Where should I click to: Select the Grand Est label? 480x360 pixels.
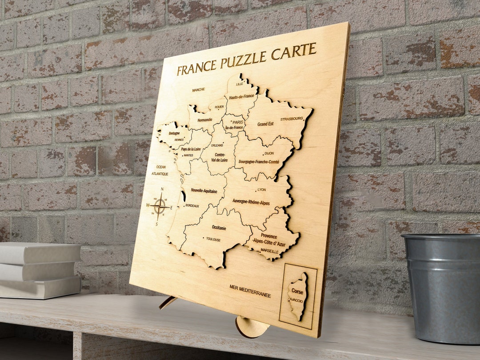265,124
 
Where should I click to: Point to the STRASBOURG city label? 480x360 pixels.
292,119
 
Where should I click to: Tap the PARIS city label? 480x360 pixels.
238,122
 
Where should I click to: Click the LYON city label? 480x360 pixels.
261,190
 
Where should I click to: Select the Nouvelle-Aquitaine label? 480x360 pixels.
204,191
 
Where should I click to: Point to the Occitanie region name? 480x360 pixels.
219,228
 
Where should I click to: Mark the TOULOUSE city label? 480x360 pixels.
213,239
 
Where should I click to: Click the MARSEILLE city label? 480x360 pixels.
270,252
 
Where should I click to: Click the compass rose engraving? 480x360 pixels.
159,206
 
